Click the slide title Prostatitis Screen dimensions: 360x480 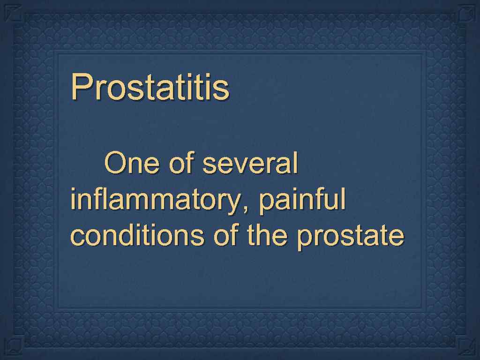coord(150,87)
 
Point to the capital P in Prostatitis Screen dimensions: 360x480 coord(80,87)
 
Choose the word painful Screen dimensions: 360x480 coord(302,201)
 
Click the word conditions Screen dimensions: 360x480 coord(137,236)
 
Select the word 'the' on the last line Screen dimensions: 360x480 coord(267,236)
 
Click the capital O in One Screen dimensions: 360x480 coord(115,164)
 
